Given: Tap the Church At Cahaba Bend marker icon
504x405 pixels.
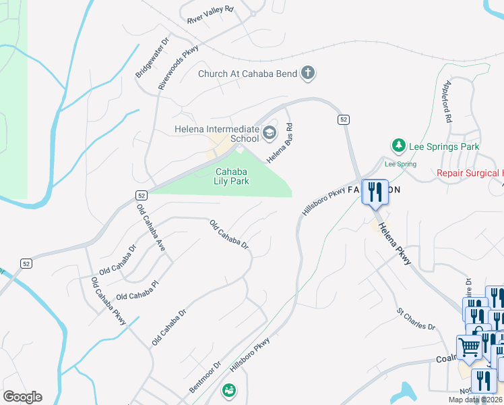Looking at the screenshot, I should click(x=308, y=73).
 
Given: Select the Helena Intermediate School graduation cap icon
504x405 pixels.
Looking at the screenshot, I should click(x=270, y=132).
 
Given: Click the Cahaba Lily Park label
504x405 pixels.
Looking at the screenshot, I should click(x=232, y=176).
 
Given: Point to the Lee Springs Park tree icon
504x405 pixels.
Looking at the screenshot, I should click(x=398, y=146).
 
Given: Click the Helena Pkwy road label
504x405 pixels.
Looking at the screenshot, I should click(x=393, y=244).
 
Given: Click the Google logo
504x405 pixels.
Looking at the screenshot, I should click(x=22, y=397).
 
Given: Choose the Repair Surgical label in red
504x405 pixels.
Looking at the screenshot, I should click(x=470, y=173).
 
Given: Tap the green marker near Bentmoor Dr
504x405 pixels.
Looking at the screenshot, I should click(x=229, y=390).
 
